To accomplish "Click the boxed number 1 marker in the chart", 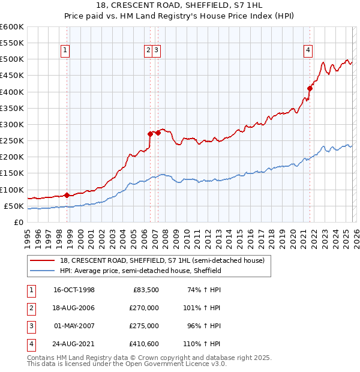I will click(x=64, y=51).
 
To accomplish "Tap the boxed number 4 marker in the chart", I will click(x=307, y=51).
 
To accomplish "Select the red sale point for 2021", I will click(x=310, y=88).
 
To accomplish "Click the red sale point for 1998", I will click(x=67, y=195).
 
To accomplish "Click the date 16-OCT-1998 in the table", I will click(x=74, y=290).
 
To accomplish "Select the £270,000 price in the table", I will click(x=144, y=308).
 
